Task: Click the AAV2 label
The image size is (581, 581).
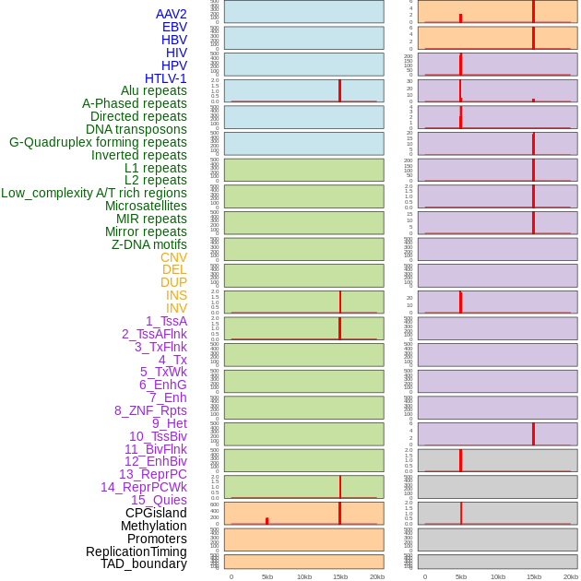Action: click(x=172, y=14)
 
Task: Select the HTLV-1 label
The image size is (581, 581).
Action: click(x=166, y=78)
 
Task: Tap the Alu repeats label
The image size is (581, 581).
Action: click(x=154, y=90)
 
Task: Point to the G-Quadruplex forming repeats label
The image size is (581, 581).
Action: click(x=98, y=142)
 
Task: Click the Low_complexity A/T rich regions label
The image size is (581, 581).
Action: click(x=94, y=193)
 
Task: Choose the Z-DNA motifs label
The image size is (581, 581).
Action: click(x=149, y=244)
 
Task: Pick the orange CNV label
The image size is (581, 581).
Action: click(x=173, y=257)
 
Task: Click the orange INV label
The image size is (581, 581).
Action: click(x=176, y=308)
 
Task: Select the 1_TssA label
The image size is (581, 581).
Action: click(x=166, y=321)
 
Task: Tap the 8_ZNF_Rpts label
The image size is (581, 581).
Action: click(x=150, y=410)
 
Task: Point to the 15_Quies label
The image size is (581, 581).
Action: click(x=159, y=500)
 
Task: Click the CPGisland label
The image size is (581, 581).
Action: click(x=156, y=513)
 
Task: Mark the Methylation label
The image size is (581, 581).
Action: click(x=154, y=526)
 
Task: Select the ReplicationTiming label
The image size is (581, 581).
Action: click(x=136, y=551)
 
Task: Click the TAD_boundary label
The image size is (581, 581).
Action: click(x=144, y=563)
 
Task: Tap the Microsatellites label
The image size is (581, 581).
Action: click(x=146, y=206)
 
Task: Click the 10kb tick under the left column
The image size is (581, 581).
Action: click(x=303, y=576)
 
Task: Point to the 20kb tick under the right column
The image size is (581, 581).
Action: click(x=571, y=576)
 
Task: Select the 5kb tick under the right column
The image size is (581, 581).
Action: click(x=461, y=576)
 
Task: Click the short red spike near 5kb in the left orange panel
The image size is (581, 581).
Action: click(x=267, y=521)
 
